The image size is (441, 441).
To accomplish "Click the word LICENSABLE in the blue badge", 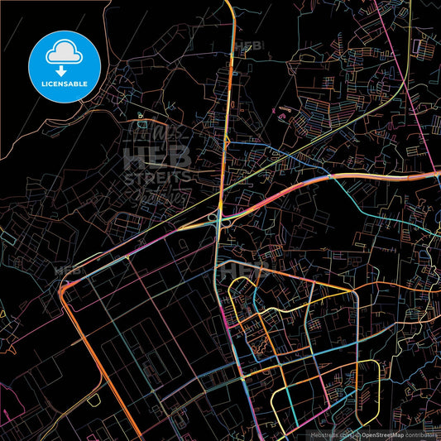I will coord(65,83).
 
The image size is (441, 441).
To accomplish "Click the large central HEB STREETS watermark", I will coord(157,161).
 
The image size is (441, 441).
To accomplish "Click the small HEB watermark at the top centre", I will coord(247,47).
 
